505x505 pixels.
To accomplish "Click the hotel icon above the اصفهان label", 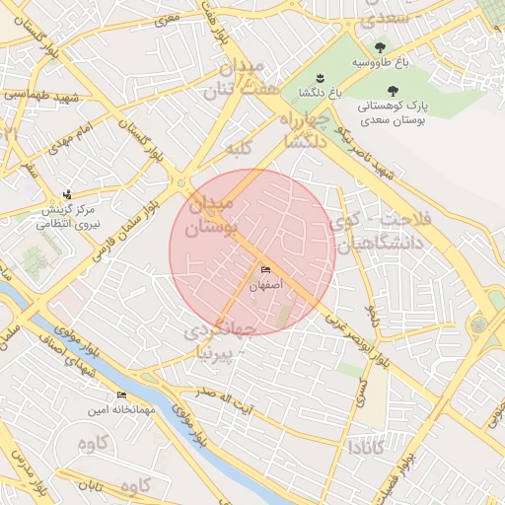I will tap(265, 270).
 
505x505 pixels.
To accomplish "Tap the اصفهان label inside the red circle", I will tap(265, 285).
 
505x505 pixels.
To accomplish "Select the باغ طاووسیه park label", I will tap(380, 62).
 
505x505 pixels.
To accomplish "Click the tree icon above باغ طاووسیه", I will tap(380, 46).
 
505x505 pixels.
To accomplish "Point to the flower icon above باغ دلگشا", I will tap(319, 78).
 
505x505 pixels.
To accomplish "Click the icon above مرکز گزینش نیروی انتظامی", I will tap(66, 194).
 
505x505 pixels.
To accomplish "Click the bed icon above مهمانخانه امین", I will tap(121, 395).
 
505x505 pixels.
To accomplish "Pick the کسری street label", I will tap(361, 395).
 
